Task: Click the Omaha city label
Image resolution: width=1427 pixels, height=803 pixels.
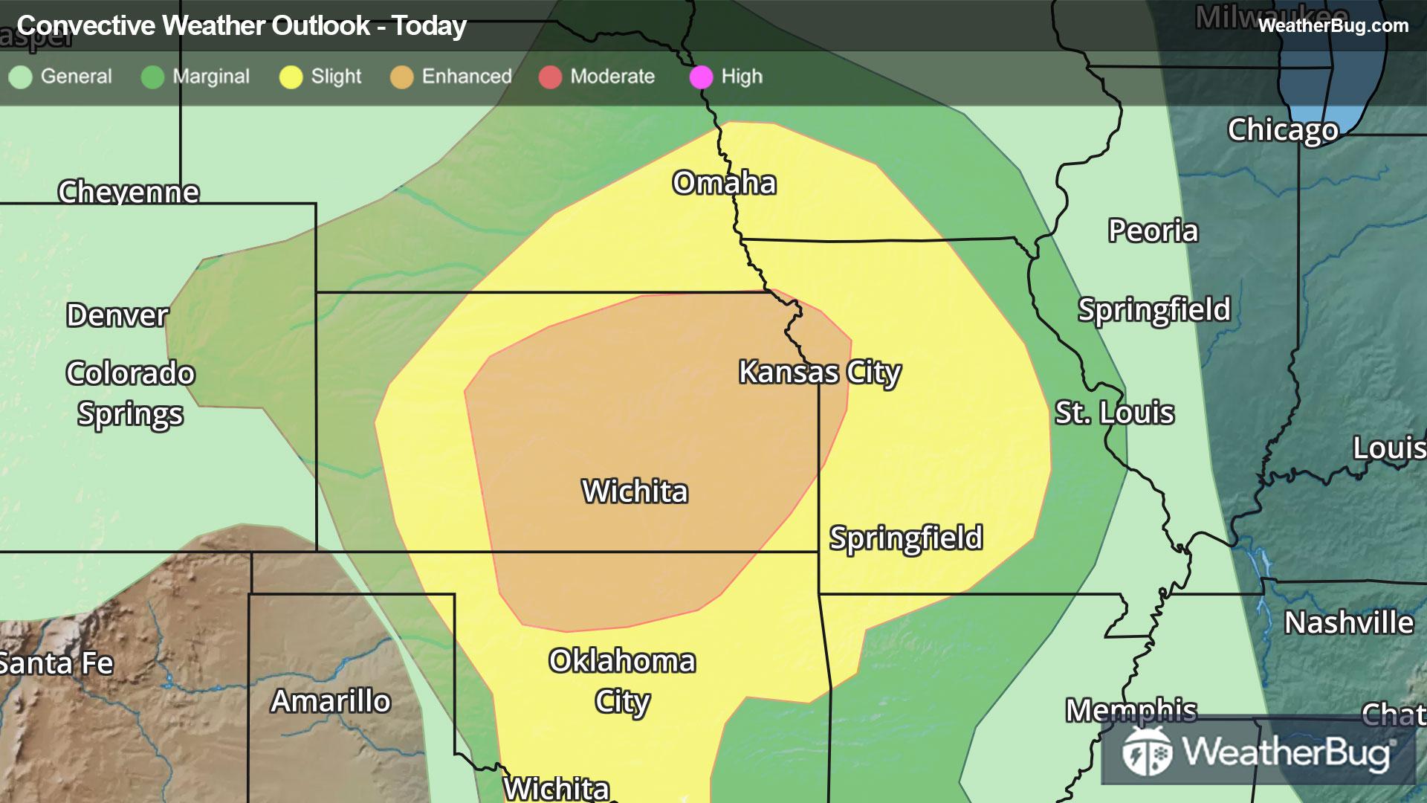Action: coord(724,183)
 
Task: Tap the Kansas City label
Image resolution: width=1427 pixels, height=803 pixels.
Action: coord(819,372)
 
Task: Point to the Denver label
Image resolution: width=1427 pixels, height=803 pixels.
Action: coord(117,315)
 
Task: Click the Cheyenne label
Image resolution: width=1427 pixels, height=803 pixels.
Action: coord(129,192)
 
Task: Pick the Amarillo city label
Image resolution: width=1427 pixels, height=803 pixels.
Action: coord(331,701)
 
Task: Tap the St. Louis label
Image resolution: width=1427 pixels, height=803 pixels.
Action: coord(1114,413)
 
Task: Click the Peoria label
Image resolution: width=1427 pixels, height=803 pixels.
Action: coord(1153,231)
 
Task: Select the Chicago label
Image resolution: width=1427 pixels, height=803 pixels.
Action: coord(1283,130)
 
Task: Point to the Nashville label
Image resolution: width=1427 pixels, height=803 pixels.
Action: coord(1348,623)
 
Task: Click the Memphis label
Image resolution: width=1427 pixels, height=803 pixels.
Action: coord(1131,711)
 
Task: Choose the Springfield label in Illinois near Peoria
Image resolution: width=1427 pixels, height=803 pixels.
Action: coord(1154,310)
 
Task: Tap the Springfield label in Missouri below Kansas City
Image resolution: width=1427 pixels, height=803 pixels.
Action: coord(906,538)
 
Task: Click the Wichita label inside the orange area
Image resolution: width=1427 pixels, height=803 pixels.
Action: coord(635,491)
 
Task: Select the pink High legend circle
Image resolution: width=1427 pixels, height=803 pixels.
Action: coord(701,77)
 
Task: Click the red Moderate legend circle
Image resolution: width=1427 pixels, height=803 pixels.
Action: coord(550,77)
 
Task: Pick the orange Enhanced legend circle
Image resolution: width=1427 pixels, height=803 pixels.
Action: coord(401,77)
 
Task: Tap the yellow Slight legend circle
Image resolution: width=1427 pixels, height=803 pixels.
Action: coord(291,77)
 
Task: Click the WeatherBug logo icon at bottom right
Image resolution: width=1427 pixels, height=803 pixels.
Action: coord(1147,752)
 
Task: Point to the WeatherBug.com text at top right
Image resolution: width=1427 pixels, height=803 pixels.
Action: coord(1333,26)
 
